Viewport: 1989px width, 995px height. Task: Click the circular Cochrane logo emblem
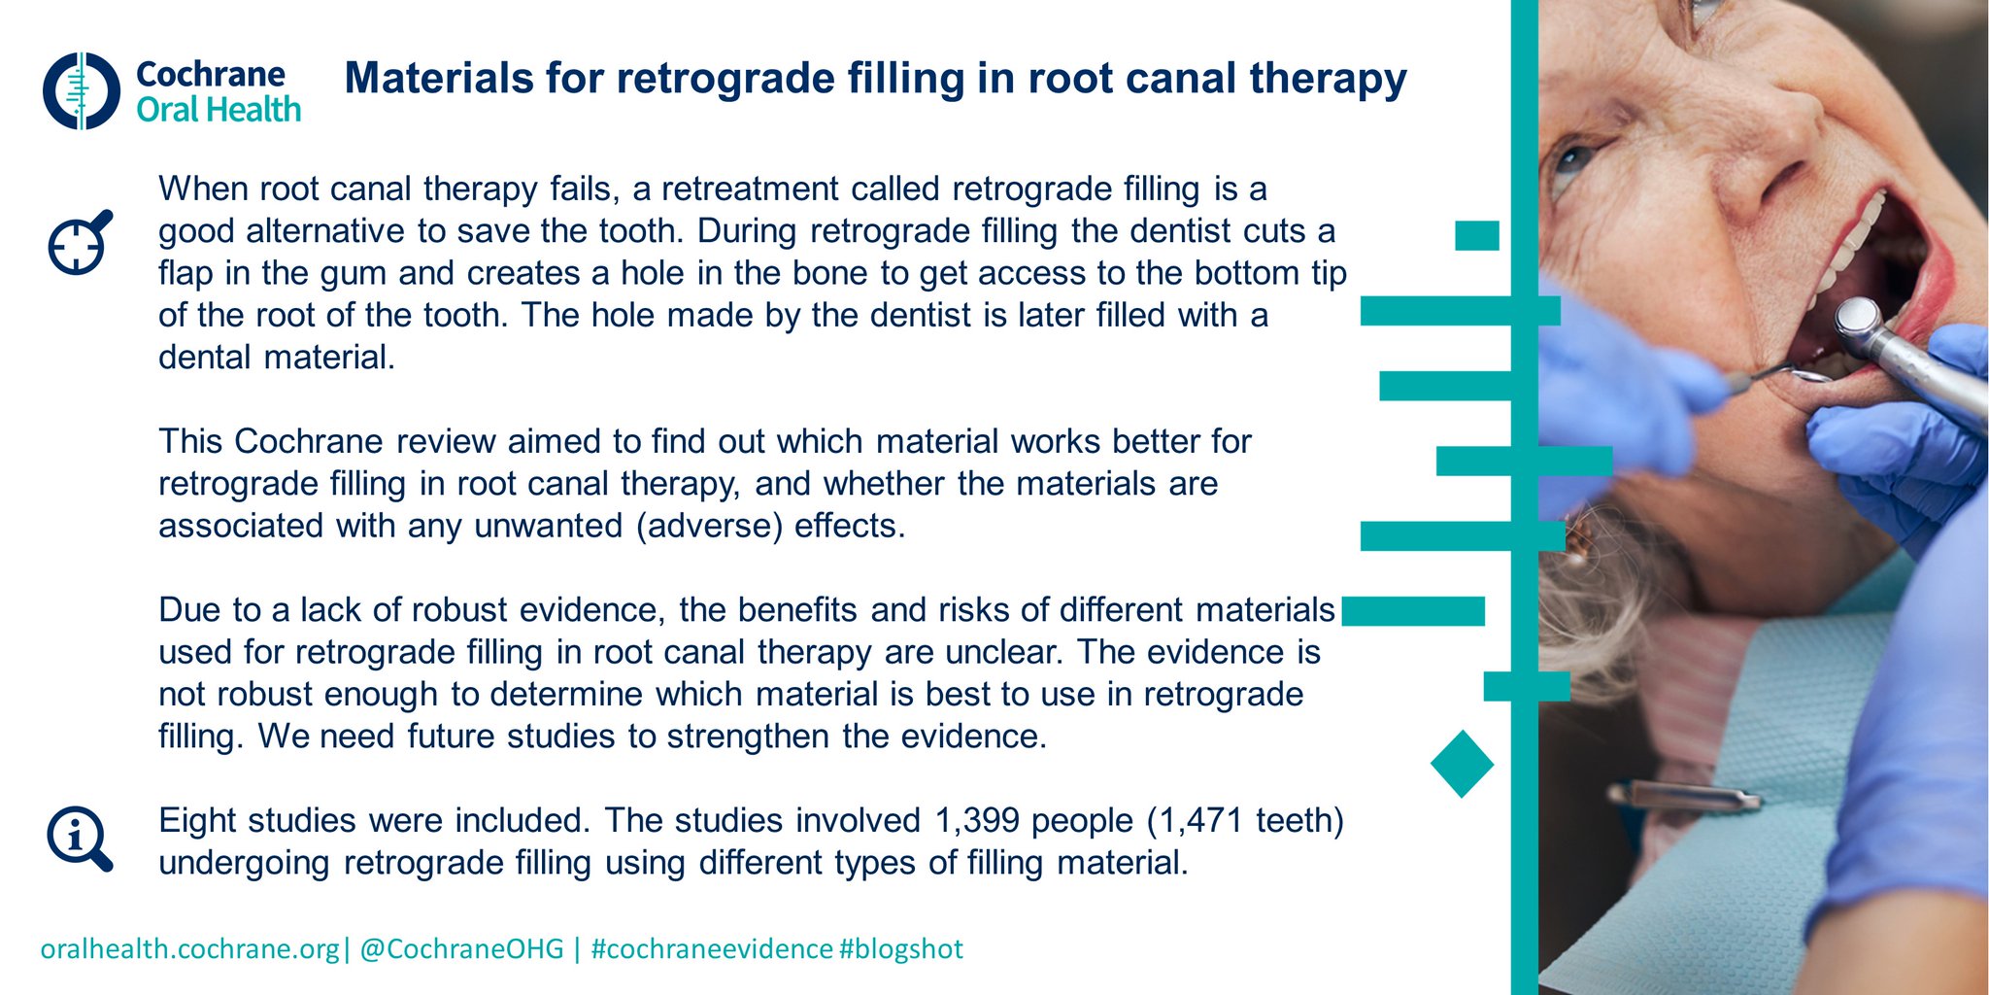click(81, 91)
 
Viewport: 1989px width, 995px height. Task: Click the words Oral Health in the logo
click(219, 111)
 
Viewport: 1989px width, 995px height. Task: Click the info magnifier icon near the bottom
click(79, 839)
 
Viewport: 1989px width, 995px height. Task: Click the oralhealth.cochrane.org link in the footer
click(189, 949)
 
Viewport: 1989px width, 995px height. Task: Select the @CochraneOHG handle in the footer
click(461, 949)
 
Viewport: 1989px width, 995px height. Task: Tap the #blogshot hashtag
click(901, 949)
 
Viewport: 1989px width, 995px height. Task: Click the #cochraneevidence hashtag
click(711, 949)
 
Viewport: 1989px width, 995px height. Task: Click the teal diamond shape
click(1462, 765)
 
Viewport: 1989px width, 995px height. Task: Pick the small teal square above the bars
click(1476, 236)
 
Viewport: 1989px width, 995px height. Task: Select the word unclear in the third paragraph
click(1001, 652)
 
